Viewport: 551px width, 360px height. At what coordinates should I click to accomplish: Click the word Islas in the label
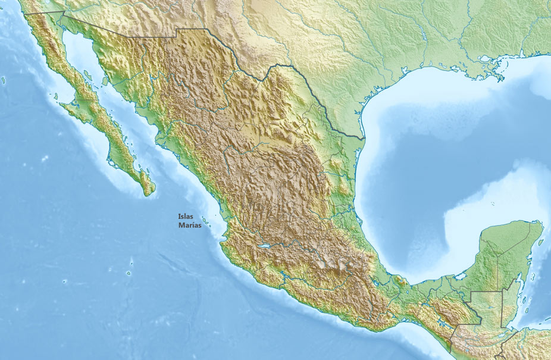click(186, 217)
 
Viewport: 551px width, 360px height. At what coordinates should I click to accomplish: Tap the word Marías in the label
click(190, 226)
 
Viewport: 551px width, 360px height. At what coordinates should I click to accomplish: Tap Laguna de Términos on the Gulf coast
click(459, 276)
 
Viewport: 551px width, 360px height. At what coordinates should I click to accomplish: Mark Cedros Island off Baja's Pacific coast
click(55, 95)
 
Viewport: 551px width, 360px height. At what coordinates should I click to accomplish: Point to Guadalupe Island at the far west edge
click(4, 80)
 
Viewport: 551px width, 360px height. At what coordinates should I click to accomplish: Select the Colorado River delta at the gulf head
click(64, 33)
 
